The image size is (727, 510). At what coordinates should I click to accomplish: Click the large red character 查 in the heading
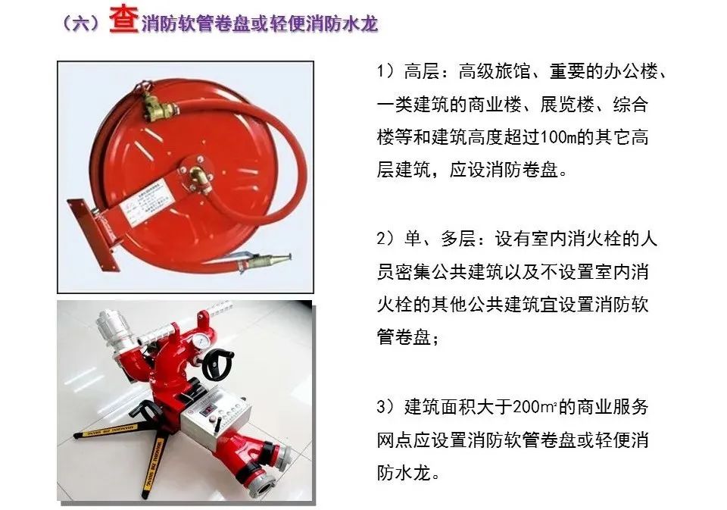click(x=123, y=20)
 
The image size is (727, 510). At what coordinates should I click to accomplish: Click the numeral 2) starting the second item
click(x=385, y=239)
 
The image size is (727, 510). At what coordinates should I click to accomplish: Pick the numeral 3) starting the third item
click(x=385, y=407)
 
